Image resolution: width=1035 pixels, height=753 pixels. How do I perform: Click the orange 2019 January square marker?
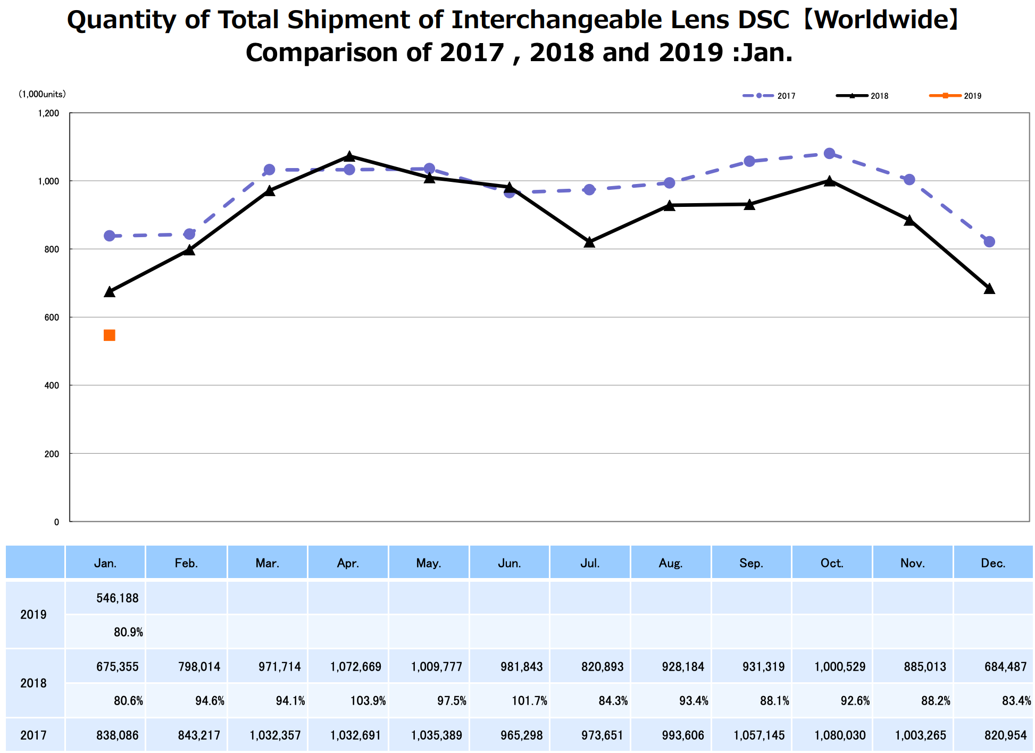coord(109,335)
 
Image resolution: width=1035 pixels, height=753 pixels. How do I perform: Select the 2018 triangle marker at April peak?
coord(349,156)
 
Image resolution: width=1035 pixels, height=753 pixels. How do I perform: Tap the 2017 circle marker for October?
coord(829,154)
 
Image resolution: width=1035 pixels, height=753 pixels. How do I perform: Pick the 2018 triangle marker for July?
coord(589,242)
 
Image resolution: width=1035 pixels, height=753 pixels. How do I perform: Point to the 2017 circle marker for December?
coord(989,242)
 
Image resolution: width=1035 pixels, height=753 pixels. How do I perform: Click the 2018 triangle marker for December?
coord(989,289)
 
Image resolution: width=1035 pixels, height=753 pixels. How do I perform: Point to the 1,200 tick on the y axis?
coord(48,113)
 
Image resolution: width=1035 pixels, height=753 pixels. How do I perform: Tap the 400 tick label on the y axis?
coord(52,386)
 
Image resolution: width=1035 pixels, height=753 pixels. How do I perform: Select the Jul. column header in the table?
coord(590,563)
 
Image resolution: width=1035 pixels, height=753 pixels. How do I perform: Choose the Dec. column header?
coord(993,563)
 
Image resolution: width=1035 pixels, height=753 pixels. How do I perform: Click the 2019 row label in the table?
coord(34,615)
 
